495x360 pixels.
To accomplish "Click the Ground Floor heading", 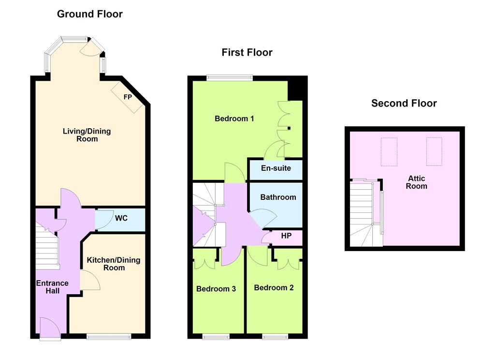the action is [x=89, y=14].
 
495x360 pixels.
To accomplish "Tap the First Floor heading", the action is [x=247, y=52].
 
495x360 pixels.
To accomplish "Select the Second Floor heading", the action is [x=404, y=104].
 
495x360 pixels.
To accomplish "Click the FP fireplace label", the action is [x=128, y=97].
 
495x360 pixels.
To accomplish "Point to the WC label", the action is [x=121, y=218].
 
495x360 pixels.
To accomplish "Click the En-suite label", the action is [x=276, y=168].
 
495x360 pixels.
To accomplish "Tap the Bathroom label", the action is [x=278, y=197].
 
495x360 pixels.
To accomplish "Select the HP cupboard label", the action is [x=286, y=236].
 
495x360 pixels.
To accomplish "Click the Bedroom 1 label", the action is [x=234, y=119].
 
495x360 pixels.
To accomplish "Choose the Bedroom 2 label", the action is [x=274, y=287].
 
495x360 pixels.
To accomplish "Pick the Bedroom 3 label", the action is [x=216, y=289].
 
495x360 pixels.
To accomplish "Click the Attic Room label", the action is [x=416, y=182].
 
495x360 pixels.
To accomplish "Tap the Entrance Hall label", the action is [x=52, y=287].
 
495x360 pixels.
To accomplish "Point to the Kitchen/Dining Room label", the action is [x=114, y=264].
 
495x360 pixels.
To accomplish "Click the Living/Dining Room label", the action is [x=87, y=135].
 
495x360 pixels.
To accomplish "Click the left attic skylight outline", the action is [x=389, y=152].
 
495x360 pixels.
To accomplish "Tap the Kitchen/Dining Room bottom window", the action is [x=109, y=337].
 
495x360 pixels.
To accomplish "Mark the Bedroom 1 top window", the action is [x=230, y=77].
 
